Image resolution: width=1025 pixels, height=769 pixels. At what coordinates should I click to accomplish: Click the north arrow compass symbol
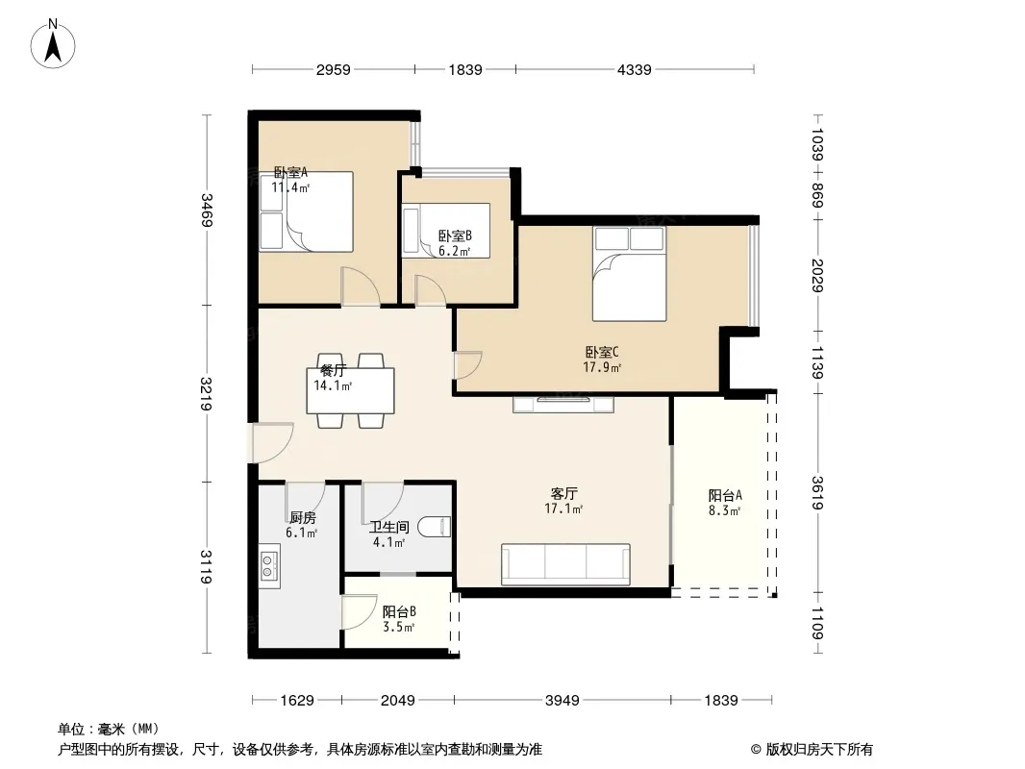(x=53, y=44)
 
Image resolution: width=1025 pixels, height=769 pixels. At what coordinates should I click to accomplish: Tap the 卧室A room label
(x=290, y=172)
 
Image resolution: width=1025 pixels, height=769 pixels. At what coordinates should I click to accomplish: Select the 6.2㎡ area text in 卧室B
(x=454, y=252)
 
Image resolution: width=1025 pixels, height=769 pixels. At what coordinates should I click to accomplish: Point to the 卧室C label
(x=601, y=353)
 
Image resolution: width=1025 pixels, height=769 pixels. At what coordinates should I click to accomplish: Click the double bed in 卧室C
(x=630, y=274)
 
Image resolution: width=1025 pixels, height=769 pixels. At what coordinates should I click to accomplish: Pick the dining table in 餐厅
(x=350, y=390)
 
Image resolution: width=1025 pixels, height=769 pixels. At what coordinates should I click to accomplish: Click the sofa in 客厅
(x=565, y=564)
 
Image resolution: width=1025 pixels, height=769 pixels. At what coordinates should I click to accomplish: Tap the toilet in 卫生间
(x=434, y=528)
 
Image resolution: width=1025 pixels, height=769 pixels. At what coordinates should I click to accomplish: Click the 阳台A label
(x=725, y=496)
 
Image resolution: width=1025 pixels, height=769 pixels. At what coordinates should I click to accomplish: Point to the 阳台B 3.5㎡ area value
(x=399, y=628)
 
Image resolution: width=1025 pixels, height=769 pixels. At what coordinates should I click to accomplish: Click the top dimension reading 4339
(x=634, y=69)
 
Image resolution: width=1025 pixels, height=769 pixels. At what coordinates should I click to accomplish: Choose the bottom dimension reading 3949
(x=562, y=701)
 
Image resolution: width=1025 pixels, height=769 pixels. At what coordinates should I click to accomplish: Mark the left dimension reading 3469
(x=208, y=210)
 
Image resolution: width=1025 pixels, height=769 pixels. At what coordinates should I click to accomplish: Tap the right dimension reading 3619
(x=817, y=492)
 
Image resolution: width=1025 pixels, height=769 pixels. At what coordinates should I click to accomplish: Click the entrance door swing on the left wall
(x=272, y=443)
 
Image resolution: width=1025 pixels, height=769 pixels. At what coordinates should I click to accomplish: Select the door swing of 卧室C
(x=468, y=365)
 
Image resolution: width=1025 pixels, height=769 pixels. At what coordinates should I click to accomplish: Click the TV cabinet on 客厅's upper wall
(x=563, y=404)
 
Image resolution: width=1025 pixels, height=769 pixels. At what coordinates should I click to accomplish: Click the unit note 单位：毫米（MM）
(x=109, y=729)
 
